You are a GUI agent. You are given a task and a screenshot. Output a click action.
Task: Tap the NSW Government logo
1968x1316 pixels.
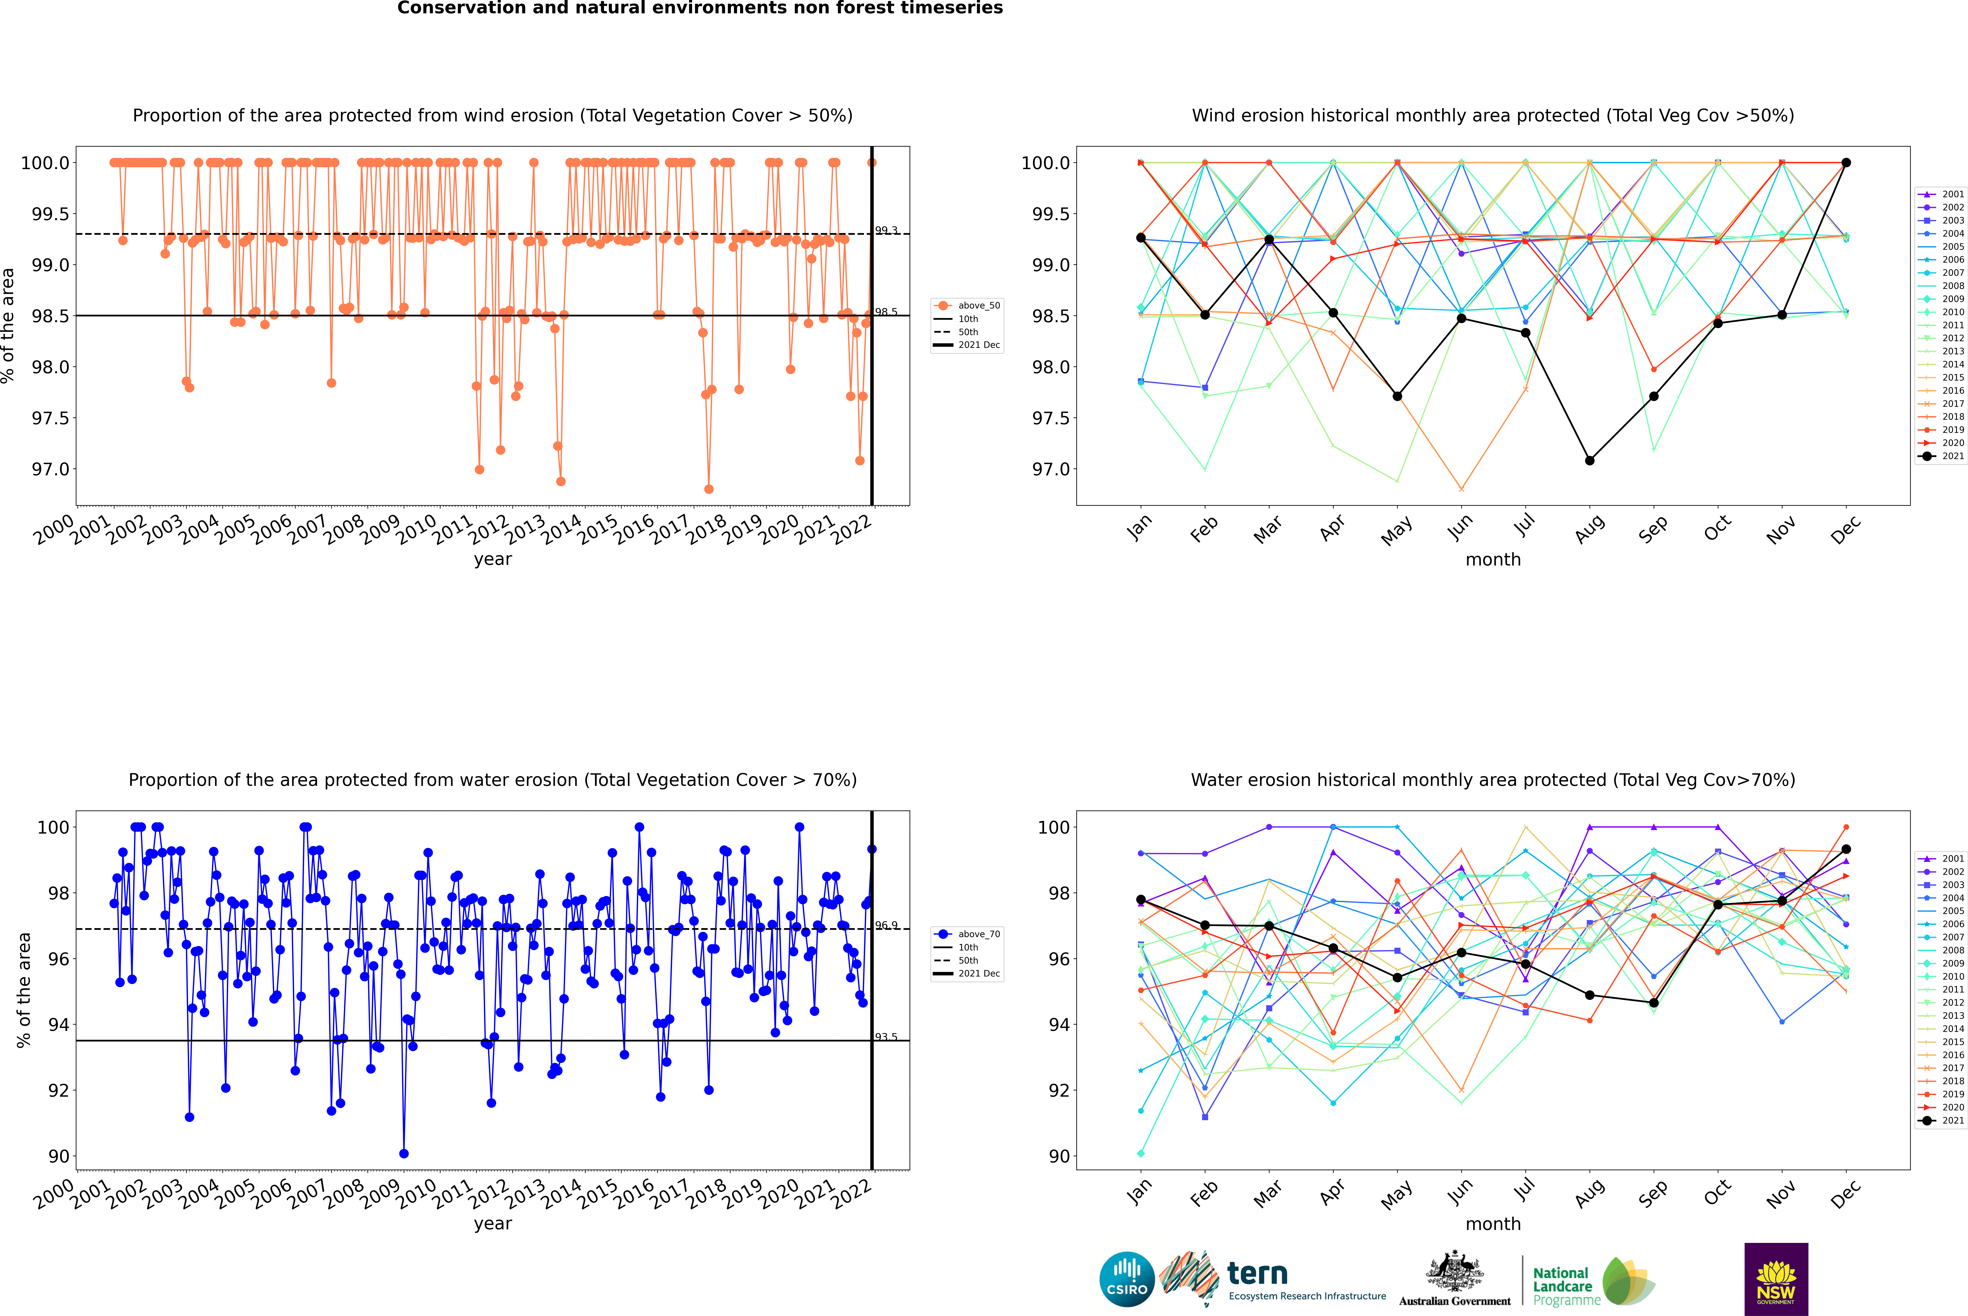tap(1776, 1278)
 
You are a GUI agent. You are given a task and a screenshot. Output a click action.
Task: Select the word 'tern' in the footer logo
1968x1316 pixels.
tap(1257, 1273)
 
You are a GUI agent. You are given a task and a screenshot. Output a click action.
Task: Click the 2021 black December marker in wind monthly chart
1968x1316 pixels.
tap(1846, 163)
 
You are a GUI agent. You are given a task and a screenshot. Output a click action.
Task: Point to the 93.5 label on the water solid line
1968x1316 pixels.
tap(886, 1036)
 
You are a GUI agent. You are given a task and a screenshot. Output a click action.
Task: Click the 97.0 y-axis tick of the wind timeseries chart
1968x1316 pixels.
tap(50, 469)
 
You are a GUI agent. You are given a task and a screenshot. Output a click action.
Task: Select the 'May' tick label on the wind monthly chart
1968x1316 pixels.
tap(1397, 530)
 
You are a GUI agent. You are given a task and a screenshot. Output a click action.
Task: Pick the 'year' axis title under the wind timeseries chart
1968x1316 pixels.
tap(492, 559)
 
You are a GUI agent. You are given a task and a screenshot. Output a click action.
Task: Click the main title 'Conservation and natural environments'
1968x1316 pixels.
tap(700, 8)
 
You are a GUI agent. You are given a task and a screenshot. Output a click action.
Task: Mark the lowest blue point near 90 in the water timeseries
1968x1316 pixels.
tap(403, 1153)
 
